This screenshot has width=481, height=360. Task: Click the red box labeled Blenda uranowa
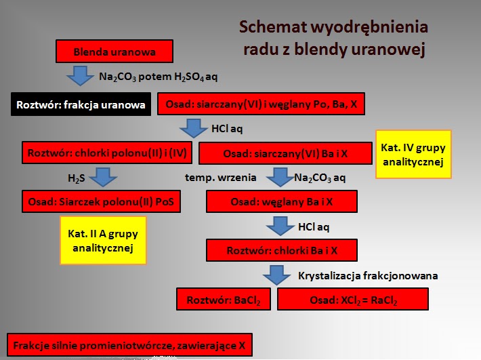click(x=114, y=52)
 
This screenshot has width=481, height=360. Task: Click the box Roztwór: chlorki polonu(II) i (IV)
click(x=107, y=153)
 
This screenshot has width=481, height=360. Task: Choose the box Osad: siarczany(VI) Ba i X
click(x=285, y=153)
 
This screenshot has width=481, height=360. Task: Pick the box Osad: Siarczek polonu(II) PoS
click(x=101, y=201)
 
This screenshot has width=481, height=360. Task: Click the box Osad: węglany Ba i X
click(x=282, y=202)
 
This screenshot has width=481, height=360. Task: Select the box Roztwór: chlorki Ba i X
click(x=282, y=250)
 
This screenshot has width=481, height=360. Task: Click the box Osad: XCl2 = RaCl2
click(x=352, y=299)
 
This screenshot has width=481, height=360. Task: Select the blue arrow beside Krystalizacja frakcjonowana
click(x=277, y=275)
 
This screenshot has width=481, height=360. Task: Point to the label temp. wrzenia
click(x=221, y=178)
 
